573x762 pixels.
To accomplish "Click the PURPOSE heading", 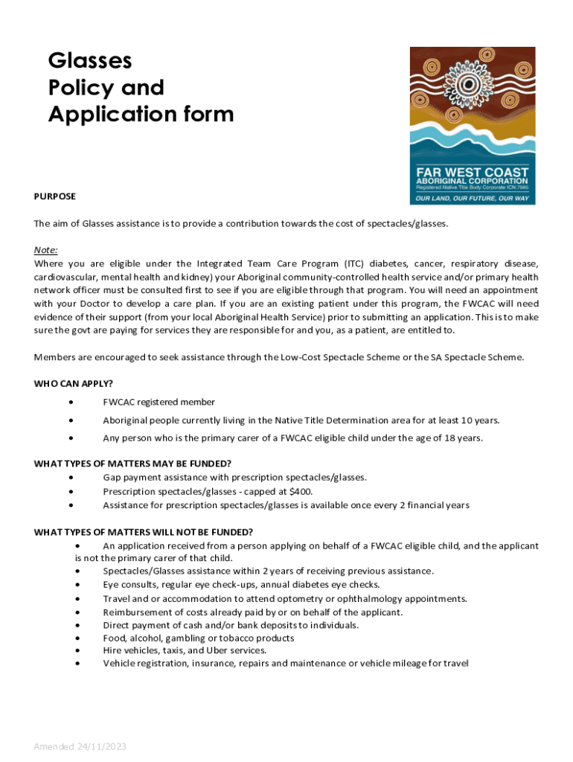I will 55,196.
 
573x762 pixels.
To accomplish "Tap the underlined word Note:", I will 46,250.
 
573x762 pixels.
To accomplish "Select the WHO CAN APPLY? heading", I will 74,384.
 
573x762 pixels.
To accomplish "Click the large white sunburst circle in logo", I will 470,83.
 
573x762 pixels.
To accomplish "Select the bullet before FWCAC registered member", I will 71,402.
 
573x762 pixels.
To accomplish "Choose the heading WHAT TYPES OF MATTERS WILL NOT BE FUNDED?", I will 144,531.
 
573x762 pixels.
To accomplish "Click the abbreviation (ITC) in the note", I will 354,263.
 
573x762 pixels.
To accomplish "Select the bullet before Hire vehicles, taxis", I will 78,650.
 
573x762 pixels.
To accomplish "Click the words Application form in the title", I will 141,115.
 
